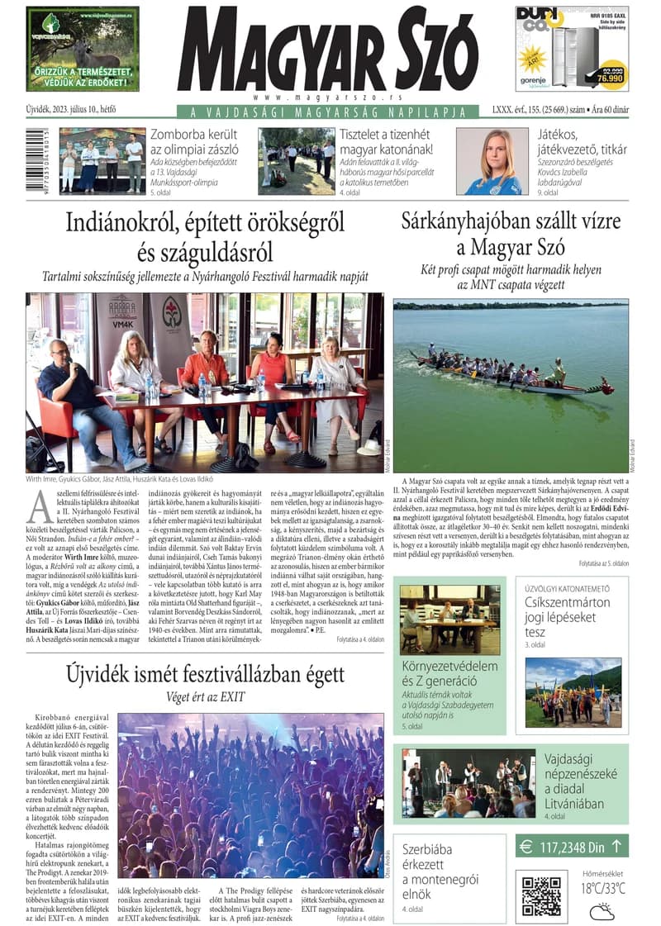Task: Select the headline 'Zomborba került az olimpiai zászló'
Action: pyautogui.click(x=194, y=142)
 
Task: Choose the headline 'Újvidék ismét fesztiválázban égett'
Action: pyautogui.click(x=205, y=674)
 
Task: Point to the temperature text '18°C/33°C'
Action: pyautogui.click(x=602, y=889)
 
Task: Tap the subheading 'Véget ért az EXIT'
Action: pyautogui.click(x=205, y=696)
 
